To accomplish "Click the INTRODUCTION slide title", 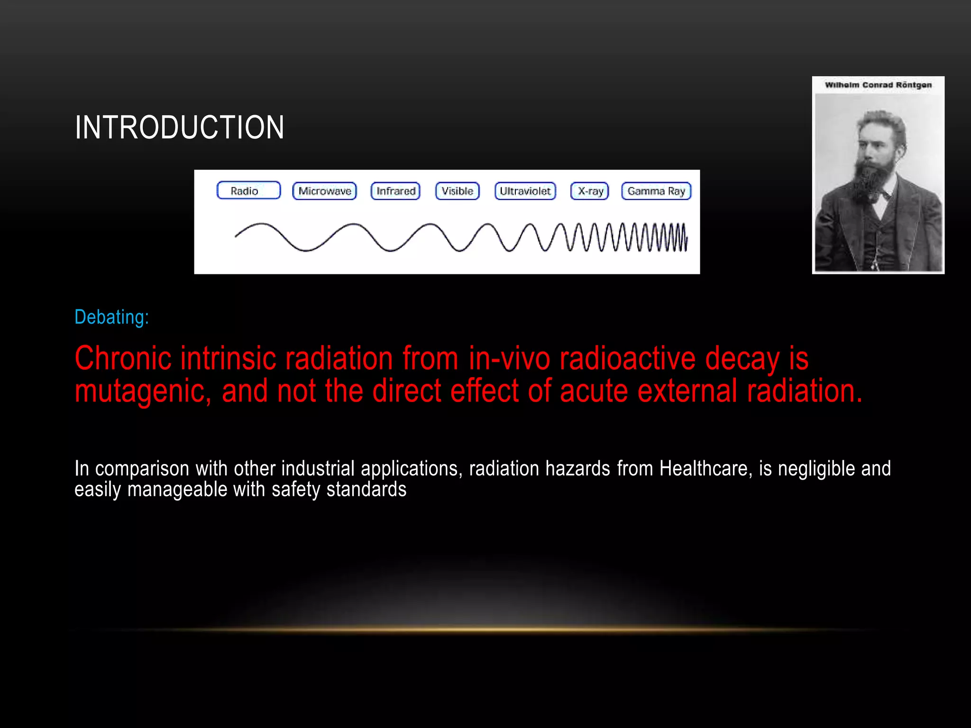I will [x=179, y=127].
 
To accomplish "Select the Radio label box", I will [x=248, y=191].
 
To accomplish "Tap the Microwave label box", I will [x=325, y=191].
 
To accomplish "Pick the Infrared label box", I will [x=395, y=191].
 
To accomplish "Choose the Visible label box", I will [x=458, y=191].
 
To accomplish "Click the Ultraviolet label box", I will [x=525, y=191].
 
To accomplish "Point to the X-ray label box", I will [x=590, y=191].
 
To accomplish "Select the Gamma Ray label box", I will [x=657, y=191].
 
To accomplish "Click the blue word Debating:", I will [x=111, y=317].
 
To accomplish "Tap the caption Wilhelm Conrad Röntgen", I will [x=878, y=85].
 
